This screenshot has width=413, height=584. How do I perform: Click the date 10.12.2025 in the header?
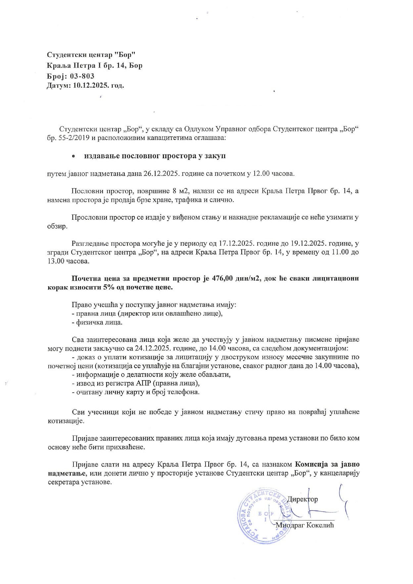(x=90, y=86)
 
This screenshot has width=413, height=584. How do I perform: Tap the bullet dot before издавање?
(x=73, y=156)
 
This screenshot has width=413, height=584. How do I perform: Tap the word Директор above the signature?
(x=302, y=499)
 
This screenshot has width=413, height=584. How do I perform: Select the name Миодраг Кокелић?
(x=305, y=525)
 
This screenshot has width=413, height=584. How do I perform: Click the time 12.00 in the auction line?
(x=261, y=173)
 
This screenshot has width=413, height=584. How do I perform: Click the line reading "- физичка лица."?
(x=97, y=322)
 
